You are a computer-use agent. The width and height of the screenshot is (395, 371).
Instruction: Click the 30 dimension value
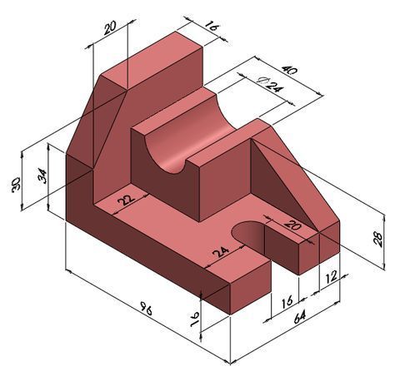(16, 185)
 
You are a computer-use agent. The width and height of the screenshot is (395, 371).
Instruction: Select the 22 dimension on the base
(127, 199)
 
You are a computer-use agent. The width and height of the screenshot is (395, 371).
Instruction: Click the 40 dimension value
(290, 73)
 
